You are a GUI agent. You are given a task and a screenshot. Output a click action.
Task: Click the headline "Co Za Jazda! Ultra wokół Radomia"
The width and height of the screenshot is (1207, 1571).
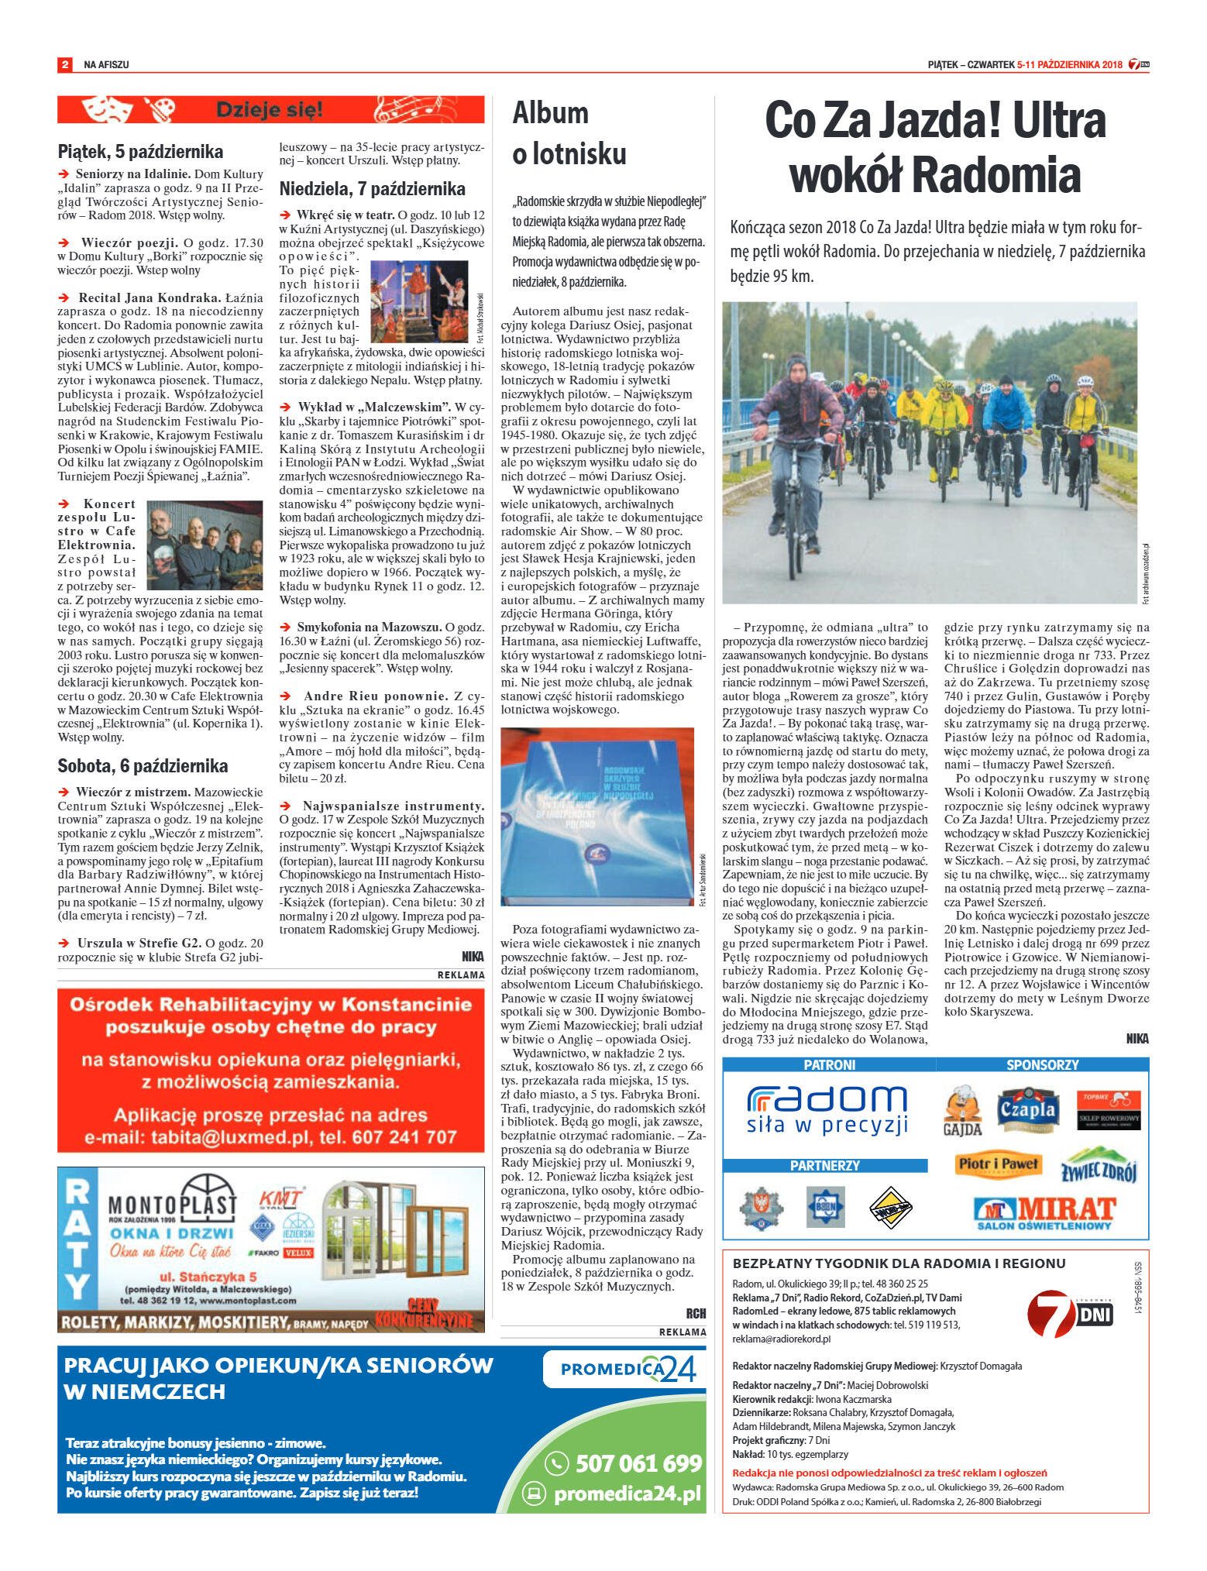point(934,147)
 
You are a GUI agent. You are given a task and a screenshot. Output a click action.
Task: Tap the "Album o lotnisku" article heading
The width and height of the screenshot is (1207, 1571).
point(569,133)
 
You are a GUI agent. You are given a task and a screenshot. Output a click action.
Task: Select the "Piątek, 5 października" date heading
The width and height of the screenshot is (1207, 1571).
point(140,151)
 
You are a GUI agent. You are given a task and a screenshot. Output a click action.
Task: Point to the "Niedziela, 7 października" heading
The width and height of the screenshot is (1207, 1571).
point(372,189)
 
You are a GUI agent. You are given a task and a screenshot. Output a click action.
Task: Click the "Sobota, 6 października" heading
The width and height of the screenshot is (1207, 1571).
point(143,765)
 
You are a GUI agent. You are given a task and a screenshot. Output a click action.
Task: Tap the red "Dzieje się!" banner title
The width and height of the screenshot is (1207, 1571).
point(269,109)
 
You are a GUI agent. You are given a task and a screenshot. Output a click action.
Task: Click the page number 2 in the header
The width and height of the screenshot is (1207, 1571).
point(65,64)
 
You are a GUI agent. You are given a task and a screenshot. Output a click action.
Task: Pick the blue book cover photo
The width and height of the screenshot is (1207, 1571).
point(597,816)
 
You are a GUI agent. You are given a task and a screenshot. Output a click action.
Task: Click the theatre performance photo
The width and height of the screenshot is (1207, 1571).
point(418,301)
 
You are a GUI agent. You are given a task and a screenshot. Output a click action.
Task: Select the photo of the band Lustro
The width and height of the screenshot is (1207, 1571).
point(205,546)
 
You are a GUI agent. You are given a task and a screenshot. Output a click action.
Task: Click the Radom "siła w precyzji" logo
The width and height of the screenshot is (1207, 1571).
point(827,1109)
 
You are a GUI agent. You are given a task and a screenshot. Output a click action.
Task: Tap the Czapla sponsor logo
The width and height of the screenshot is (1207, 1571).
point(1027,1110)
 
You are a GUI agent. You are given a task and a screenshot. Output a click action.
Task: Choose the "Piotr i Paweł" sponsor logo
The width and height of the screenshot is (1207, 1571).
point(998,1164)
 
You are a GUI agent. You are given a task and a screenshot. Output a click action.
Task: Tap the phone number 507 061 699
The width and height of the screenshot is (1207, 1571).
point(638,1463)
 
